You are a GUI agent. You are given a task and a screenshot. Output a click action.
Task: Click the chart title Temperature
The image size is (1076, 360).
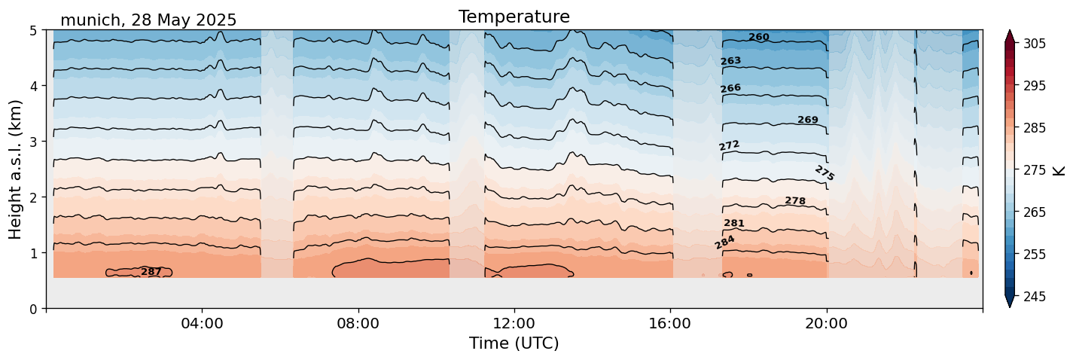pos(514,17)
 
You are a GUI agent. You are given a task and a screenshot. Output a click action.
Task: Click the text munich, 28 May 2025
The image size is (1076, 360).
pos(148,20)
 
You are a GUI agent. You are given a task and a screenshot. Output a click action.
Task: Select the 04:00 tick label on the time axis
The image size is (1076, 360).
pos(203,323)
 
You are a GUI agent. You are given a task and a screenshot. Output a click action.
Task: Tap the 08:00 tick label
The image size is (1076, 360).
pos(358,323)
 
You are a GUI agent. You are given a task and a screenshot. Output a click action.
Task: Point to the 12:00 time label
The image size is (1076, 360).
pos(514,323)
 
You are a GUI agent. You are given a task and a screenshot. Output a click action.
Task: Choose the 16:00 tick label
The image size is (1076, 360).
pos(670,323)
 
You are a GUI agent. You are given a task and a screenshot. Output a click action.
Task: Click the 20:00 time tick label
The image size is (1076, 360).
pos(826,323)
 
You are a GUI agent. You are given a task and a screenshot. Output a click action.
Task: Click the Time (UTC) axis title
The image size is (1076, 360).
pos(514,343)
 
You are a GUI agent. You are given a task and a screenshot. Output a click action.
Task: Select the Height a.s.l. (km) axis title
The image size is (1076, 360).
pos(15,169)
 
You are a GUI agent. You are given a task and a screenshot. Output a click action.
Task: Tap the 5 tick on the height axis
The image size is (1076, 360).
pos(33,31)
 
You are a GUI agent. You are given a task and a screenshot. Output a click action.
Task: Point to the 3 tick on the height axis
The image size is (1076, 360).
pos(33,142)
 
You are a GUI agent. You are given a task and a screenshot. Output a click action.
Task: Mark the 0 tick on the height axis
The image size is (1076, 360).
pos(33,309)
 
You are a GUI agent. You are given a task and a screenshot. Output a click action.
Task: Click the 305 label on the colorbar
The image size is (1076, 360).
pos(1034,44)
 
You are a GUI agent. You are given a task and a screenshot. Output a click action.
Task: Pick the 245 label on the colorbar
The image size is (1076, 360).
pos(1034,297)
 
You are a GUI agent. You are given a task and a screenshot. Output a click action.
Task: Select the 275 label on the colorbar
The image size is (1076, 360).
pos(1034,170)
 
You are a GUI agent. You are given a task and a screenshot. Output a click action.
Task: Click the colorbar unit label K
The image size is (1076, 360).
pos(1058,170)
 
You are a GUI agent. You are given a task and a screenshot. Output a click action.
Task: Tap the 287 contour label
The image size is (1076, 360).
pos(151,272)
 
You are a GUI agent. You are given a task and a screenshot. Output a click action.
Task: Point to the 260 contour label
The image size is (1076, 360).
pos(759,37)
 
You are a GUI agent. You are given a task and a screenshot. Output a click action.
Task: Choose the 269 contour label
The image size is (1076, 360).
pos(808,120)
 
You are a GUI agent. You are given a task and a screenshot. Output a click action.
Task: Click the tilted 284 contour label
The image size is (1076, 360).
pos(724,243)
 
